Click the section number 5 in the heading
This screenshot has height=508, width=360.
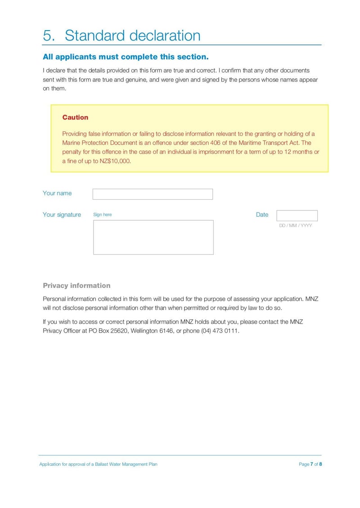pos(47,36)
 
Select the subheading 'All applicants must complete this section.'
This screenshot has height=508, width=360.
pos(126,57)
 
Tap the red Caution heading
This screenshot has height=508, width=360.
pos(75,117)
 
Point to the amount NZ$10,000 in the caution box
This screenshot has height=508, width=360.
pos(115,160)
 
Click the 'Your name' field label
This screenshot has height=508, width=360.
pos(57,193)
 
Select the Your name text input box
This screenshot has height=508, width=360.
pos(153,194)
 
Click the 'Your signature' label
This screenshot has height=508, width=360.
pos(62,215)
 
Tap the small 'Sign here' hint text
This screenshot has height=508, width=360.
pos(102,215)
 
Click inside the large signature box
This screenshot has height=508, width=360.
pos(153,237)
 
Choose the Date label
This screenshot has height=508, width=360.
pos(262,215)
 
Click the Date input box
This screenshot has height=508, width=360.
pos(297,216)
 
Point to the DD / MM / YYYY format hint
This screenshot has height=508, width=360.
pos(295,226)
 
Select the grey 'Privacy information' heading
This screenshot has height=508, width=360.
pos(76,285)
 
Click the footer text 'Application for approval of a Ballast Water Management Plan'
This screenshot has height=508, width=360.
pos(98,464)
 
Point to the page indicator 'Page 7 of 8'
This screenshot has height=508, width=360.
pos(310,464)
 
